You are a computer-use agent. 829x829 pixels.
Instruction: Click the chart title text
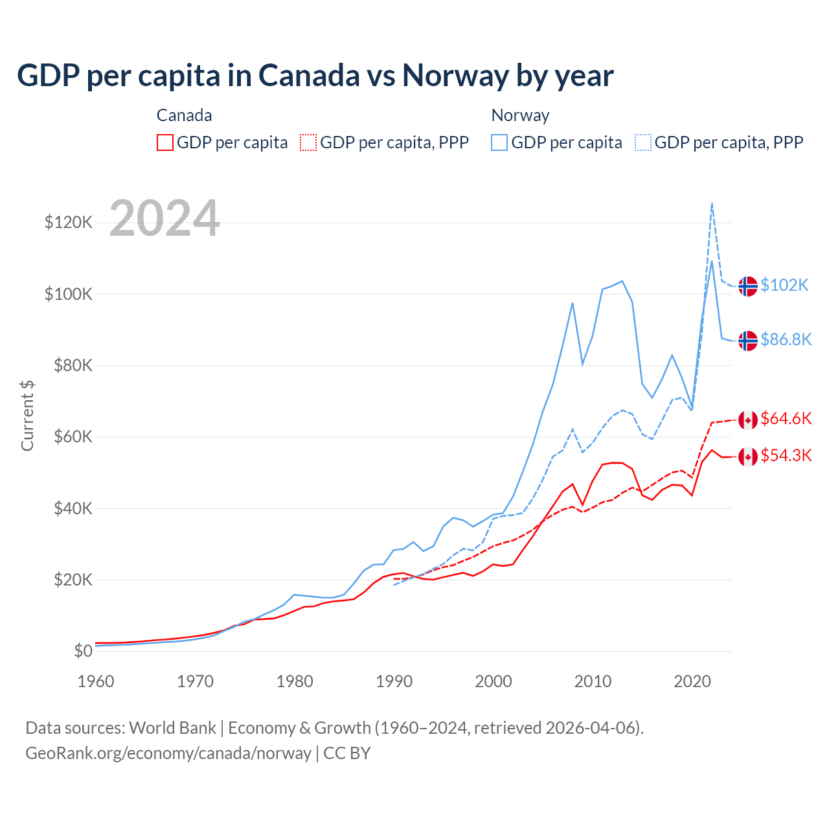point(315,76)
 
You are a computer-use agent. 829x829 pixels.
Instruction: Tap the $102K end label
point(784,285)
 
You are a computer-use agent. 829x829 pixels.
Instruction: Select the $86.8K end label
point(786,339)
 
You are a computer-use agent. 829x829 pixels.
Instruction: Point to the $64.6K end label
point(786,418)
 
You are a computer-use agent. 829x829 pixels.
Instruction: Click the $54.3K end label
point(786,455)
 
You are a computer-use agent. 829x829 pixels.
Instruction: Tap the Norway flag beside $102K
point(748,286)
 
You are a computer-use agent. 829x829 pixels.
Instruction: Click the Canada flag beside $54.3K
point(748,457)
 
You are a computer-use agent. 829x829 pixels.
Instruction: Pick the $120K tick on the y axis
point(69,223)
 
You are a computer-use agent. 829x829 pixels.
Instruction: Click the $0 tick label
point(83,651)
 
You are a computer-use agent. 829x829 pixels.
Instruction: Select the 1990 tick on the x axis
point(394,681)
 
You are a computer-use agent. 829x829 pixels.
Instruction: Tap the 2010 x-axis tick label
point(593,681)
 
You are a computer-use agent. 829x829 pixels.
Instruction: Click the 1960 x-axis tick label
point(96,681)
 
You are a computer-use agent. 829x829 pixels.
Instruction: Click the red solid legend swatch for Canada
point(165,142)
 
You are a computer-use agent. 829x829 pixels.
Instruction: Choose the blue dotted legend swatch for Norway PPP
point(643,142)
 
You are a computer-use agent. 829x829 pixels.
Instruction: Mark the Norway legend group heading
point(520,115)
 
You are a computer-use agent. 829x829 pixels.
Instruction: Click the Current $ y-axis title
point(27,415)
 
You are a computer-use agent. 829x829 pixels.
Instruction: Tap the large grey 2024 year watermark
point(165,218)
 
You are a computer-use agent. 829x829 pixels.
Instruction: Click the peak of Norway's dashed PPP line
point(712,203)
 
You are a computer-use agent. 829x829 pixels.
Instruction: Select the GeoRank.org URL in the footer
point(168,753)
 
